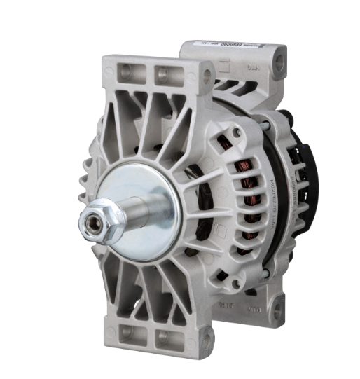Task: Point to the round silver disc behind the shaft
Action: pyautogui.click(x=139, y=200)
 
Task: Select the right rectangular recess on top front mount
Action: pyautogui.click(x=165, y=73)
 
